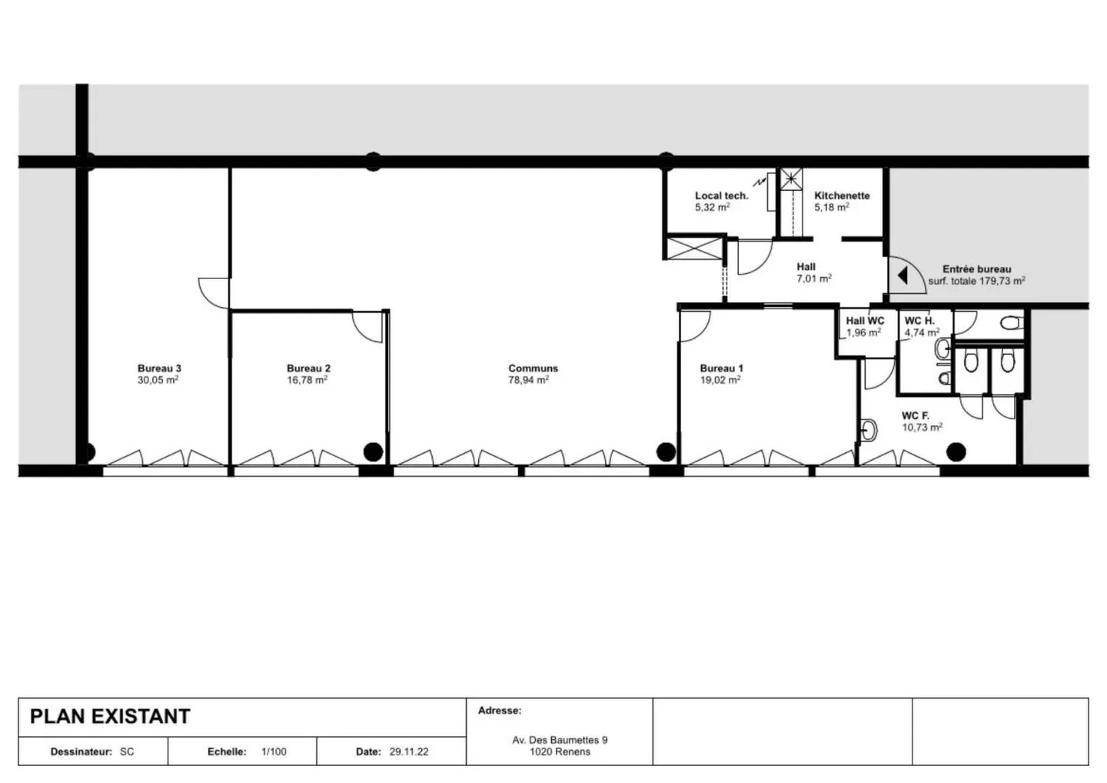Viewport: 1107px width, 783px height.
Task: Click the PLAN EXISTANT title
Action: click(109, 716)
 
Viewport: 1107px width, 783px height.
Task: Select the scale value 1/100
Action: click(274, 751)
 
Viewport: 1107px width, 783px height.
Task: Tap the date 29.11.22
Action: click(409, 751)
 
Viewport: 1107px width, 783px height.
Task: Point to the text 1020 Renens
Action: click(560, 751)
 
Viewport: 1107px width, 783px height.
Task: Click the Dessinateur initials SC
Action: click(127, 751)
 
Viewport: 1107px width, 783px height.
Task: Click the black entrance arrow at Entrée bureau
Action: click(903, 275)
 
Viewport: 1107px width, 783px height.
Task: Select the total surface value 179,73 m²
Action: click(1002, 282)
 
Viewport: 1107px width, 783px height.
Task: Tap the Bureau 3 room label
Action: click(159, 368)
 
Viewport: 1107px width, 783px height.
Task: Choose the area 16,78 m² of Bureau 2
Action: click(307, 380)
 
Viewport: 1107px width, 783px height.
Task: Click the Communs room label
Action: click(533, 368)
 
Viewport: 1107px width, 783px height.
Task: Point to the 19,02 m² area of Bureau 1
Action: click(720, 380)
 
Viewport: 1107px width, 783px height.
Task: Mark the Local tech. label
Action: click(721, 195)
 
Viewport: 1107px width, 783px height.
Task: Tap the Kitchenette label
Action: click(842, 195)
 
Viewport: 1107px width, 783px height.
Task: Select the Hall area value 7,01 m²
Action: click(813, 278)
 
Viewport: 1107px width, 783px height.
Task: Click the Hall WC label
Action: click(865, 321)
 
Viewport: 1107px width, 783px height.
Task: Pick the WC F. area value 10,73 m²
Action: click(922, 428)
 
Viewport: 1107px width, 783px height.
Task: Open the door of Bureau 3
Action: click(213, 292)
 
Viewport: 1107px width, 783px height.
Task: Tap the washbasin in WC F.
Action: click(869, 431)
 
